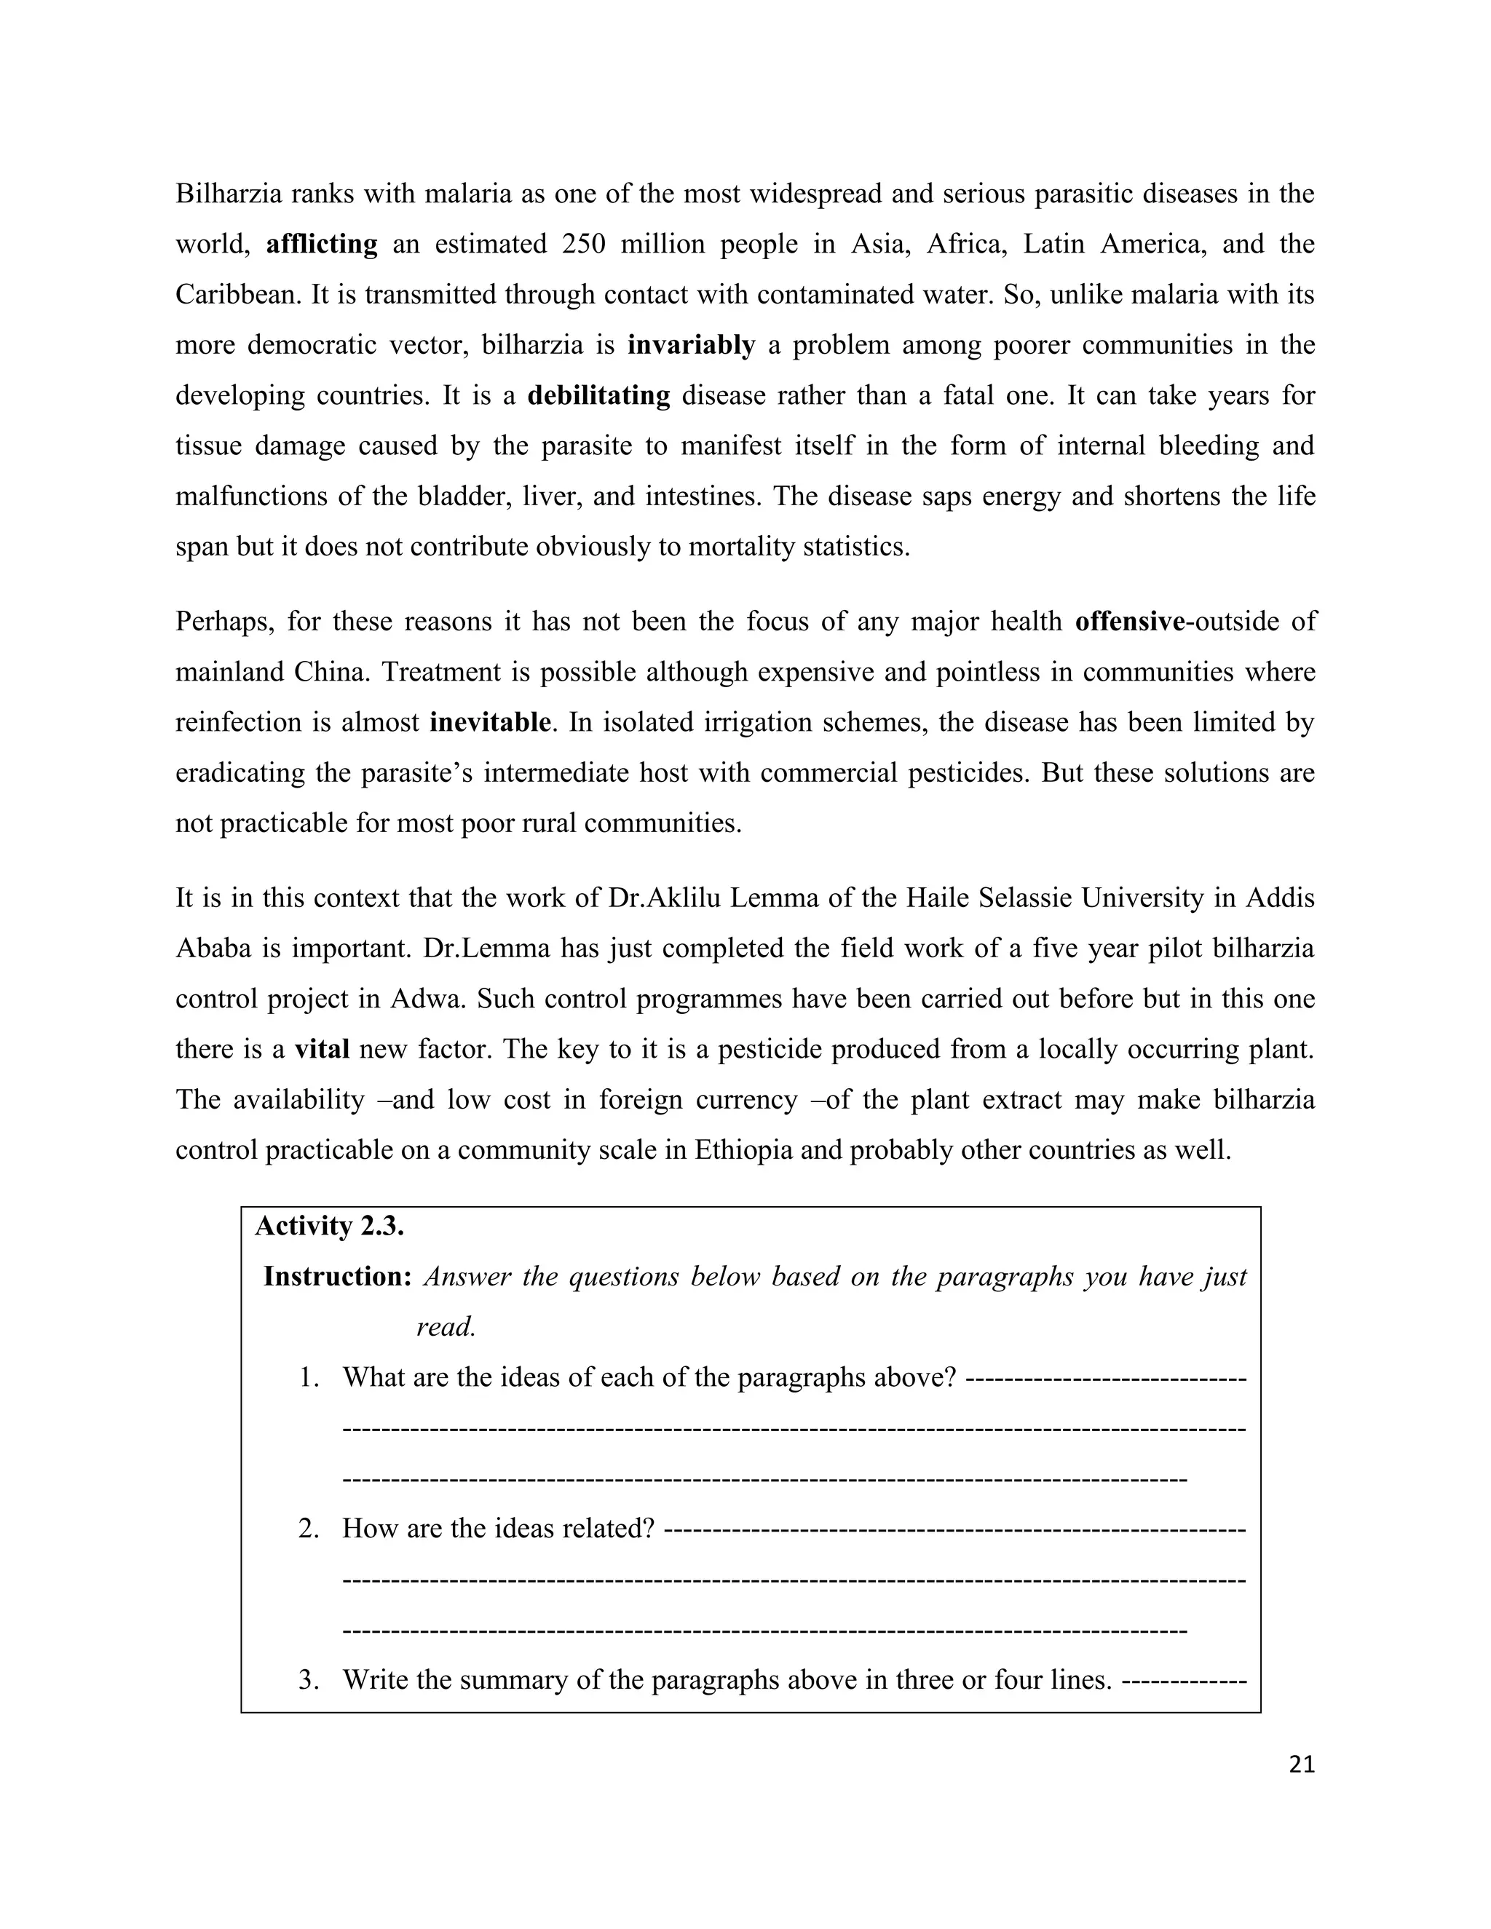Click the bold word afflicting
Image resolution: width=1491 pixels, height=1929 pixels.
click(x=322, y=244)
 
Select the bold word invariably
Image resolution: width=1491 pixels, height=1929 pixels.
click(x=691, y=344)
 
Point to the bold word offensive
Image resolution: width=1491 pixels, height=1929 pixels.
click(x=1129, y=622)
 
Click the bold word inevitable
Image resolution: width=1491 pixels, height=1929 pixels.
click(x=490, y=723)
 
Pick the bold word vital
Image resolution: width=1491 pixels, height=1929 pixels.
click(x=322, y=1049)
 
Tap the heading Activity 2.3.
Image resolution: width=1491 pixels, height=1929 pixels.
click(x=330, y=1226)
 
